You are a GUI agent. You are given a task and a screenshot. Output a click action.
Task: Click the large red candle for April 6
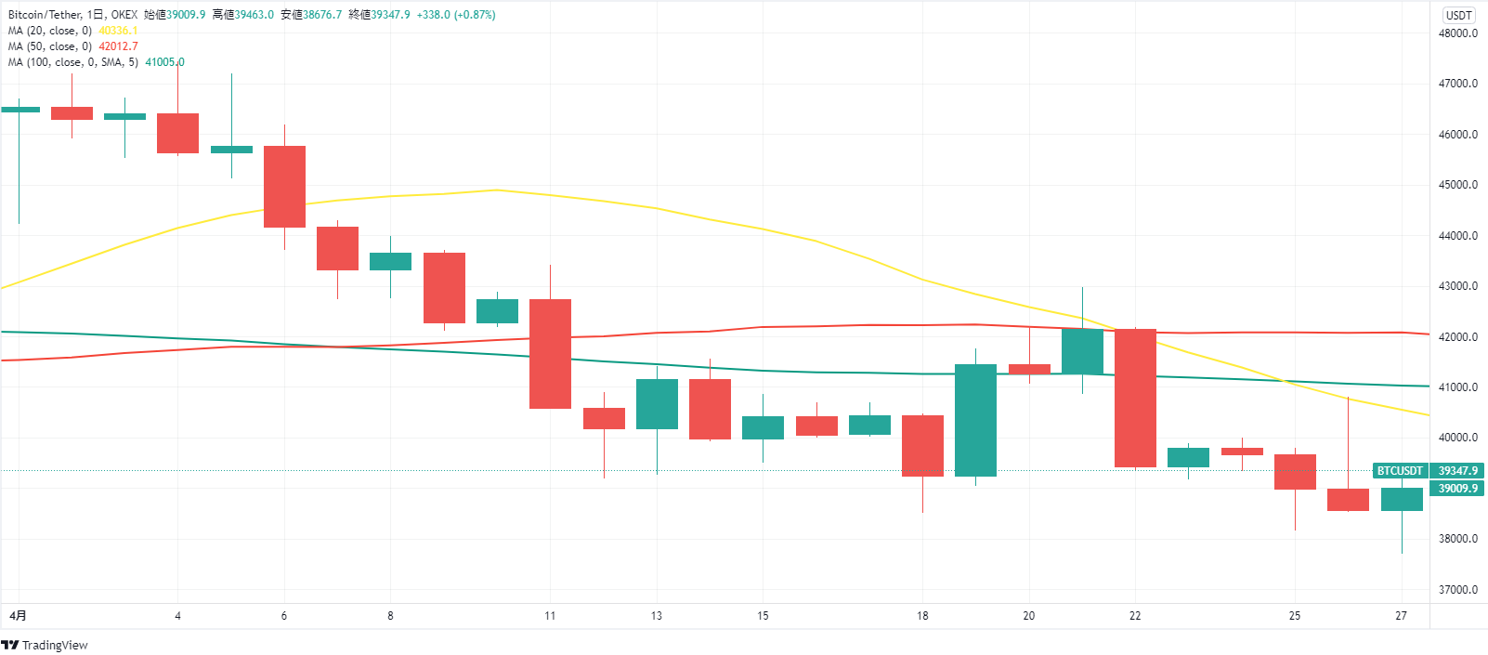284,186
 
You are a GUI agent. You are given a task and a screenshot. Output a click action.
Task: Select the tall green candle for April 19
975,420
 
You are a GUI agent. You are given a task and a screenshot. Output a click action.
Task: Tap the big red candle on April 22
1135,398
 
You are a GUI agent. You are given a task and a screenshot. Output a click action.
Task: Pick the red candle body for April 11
550,353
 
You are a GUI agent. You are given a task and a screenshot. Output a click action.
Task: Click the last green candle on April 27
1402,499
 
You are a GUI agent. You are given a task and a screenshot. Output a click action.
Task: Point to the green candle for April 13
657,403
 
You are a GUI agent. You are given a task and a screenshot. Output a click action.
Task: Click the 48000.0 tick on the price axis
1457,33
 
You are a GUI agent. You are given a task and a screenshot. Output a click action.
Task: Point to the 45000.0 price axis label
1457,185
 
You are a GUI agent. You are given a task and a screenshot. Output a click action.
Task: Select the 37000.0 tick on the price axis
1457,590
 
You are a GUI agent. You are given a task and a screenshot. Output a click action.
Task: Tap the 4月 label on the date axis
18,616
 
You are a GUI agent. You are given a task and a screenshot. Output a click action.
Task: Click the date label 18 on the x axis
922,616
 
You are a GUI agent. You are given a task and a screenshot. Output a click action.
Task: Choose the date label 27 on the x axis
1401,616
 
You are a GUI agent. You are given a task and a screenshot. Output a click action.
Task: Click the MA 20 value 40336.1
118,31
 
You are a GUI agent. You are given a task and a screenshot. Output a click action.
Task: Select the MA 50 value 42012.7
118,46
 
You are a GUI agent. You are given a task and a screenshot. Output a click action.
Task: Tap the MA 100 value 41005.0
164,62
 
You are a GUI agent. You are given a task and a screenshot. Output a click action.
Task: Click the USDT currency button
1458,15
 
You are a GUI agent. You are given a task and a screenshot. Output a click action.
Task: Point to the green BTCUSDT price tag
1400,471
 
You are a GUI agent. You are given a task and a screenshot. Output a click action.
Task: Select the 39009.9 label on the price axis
1457,489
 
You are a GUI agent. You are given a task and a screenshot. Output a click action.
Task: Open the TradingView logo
45,645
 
